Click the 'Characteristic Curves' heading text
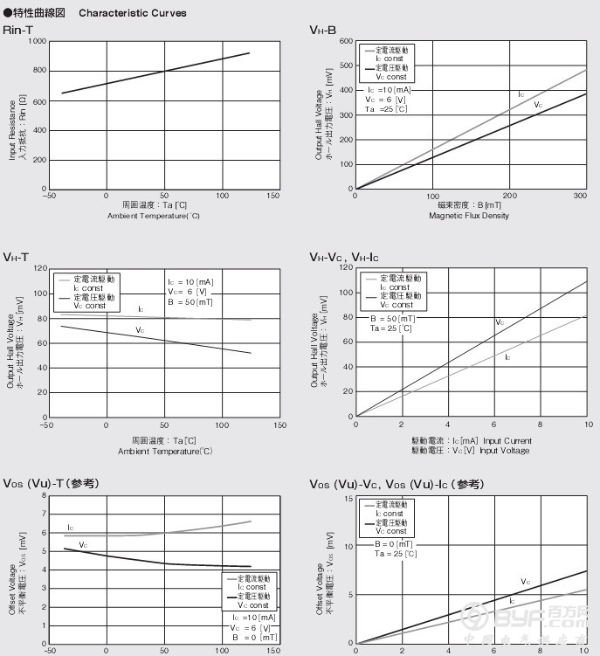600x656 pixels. pos(132,13)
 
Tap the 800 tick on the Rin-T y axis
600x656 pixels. pos(38,70)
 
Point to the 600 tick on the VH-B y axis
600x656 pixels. pos(345,41)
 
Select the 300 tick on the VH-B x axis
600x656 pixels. pos(581,196)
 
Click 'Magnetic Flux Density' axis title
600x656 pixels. pos(468,216)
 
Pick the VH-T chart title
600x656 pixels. pos(16,257)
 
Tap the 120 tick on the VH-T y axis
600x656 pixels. pos(40,269)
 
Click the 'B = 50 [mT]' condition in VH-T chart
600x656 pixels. pos(190,302)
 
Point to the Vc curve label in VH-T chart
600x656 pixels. pos(140,330)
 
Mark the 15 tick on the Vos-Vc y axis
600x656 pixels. pos(348,498)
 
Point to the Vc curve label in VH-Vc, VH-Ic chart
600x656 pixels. pos(500,322)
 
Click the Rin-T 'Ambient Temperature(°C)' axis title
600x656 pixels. pos(154,216)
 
